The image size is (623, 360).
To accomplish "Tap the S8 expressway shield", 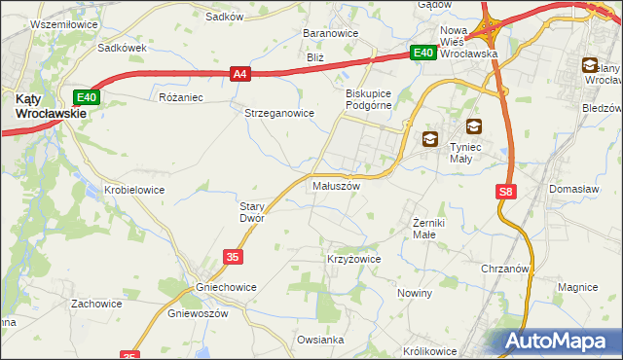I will [506, 193].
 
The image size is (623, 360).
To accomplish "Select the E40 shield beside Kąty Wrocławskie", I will [87, 96].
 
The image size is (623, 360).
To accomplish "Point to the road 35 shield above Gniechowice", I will [232, 256].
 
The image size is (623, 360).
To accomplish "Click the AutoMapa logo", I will [561, 342].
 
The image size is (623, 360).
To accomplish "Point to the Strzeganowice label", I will [278, 113].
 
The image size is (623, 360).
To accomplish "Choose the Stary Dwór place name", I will [252, 212].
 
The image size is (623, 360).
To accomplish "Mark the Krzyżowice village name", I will [352, 260].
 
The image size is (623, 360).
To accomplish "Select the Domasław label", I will [573, 188].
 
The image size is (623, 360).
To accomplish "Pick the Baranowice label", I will [331, 33].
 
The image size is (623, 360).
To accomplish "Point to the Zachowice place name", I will [95, 304].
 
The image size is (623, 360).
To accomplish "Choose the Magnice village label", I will [577, 287].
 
